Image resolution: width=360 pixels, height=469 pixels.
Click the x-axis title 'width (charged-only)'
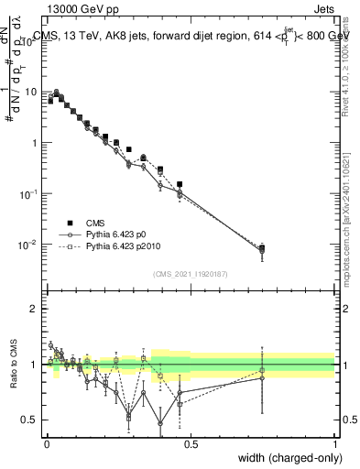(x=283, y=457)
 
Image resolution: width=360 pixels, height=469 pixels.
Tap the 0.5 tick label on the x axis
(x=191, y=442)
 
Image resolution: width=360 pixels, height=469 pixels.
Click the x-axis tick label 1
(x=334, y=442)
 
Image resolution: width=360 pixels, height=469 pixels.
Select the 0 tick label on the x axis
(x=47, y=442)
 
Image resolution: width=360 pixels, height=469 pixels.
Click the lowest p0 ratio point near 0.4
(x=161, y=423)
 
